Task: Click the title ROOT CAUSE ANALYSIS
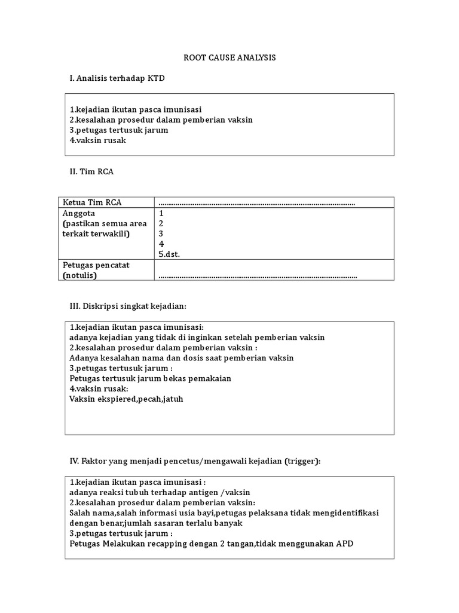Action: [x=229, y=58]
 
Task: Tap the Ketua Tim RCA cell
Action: [x=92, y=202]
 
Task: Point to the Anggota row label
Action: [x=79, y=213]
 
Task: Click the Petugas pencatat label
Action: [x=96, y=265]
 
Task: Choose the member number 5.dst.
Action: [x=169, y=254]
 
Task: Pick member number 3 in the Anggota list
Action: [x=161, y=233]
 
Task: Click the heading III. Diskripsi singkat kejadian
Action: [x=128, y=306]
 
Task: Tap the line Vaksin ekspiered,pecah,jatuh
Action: [x=126, y=399]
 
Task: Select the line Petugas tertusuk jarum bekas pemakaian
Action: [x=150, y=378]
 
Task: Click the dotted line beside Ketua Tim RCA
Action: [x=256, y=203]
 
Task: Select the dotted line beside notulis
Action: [x=258, y=276]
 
